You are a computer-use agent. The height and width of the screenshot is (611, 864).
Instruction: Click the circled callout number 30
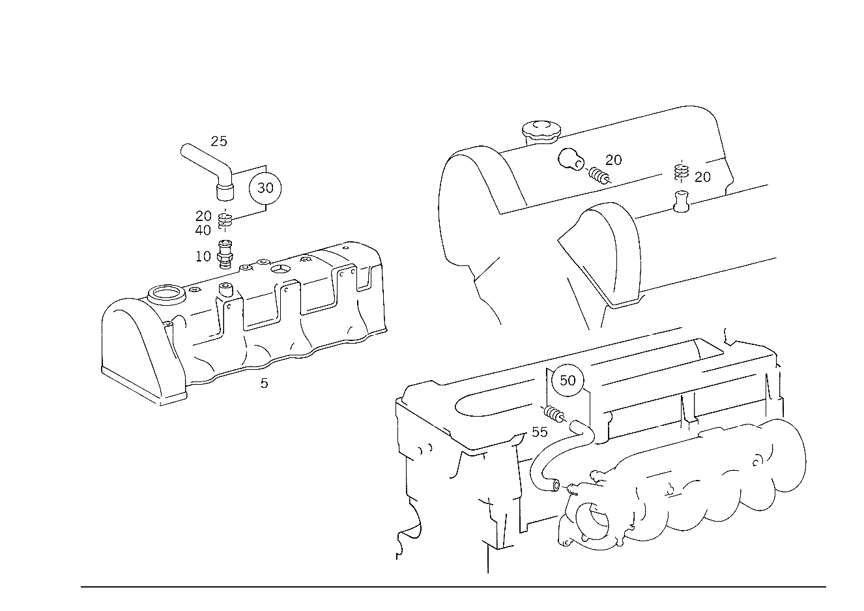pyautogui.click(x=265, y=188)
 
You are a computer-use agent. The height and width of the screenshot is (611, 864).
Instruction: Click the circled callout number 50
pyautogui.click(x=568, y=381)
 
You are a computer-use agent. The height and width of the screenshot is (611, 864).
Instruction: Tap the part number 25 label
pyautogui.click(x=219, y=142)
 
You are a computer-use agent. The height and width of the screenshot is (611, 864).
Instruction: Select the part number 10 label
pyautogui.click(x=203, y=256)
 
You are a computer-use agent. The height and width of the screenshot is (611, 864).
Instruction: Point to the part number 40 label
pyautogui.click(x=203, y=230)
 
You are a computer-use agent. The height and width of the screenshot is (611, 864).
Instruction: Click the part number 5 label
pyautogui.click(x=264, y=383)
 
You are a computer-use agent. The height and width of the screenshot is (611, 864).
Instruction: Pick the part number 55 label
pyautogui.click(x=540, y=432)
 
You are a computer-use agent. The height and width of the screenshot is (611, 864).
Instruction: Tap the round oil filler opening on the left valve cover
pyautogui.click(x=167, y=294)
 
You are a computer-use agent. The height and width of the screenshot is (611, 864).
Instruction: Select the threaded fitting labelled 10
pyautogui.click(x=225, y=255)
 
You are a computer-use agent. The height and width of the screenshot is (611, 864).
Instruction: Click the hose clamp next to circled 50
pyautogui.click(x=554, y=415)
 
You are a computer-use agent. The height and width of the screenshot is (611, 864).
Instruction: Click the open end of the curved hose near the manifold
pyautogui.click(x=556, y=485)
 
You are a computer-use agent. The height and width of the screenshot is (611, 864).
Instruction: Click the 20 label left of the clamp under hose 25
pyautogui.click(x=203, y=216)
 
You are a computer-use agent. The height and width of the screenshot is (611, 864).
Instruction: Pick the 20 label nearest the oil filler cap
pyautogui.click(x=613, y=160)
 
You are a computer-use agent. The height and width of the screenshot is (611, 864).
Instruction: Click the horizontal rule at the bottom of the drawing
pyautogui.click(x=454, y=587)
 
